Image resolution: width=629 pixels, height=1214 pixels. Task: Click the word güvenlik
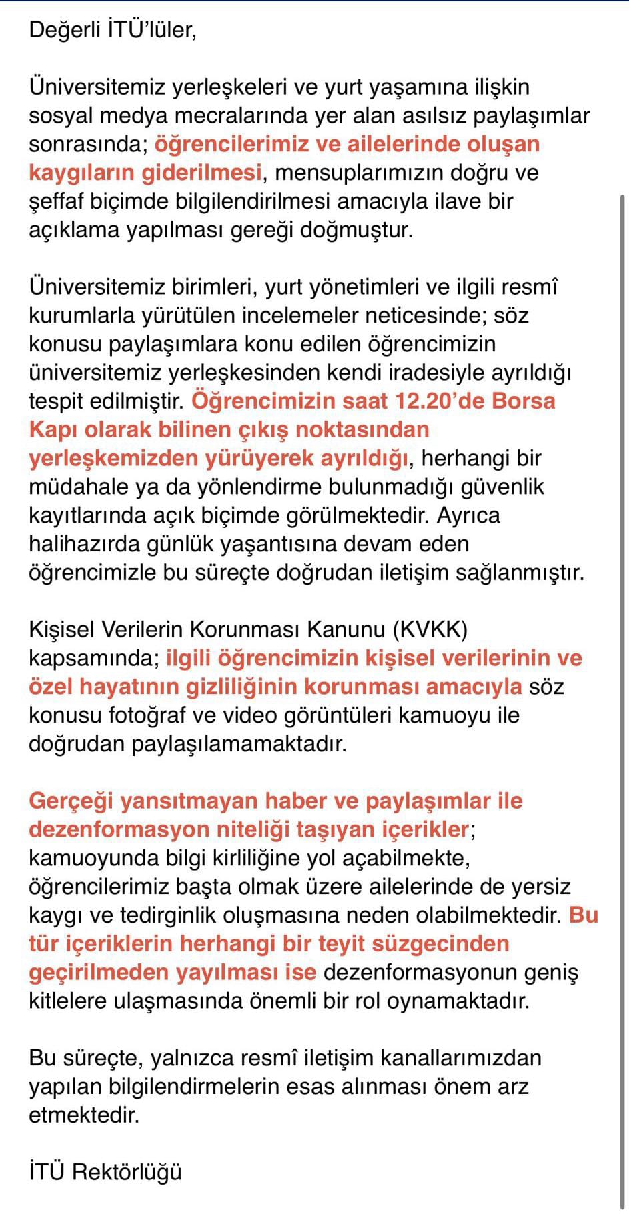tap(505, 487)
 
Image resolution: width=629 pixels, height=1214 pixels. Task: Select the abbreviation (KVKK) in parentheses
tap(430, 629)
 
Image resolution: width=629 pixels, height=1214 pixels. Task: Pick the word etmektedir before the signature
tap(83, 1115)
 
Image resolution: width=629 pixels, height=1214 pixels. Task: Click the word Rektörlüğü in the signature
tap(127, 1172)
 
